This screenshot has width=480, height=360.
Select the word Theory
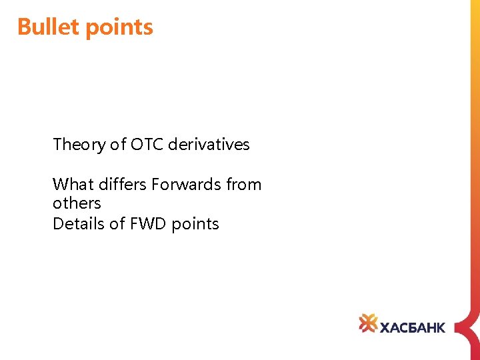point(79,144)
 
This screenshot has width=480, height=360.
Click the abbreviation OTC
point(147,144)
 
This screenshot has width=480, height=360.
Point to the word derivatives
point(209,144)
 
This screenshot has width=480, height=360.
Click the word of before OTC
point(118,144)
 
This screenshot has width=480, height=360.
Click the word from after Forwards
point(244,184)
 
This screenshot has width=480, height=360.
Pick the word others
point(77,203)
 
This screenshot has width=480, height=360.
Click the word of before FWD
point(117,223)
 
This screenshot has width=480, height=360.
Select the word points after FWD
point(195,224)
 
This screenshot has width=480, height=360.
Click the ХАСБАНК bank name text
point(412,326)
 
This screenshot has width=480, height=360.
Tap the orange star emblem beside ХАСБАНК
point(368,323)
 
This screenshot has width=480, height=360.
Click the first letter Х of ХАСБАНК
point(385,326)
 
